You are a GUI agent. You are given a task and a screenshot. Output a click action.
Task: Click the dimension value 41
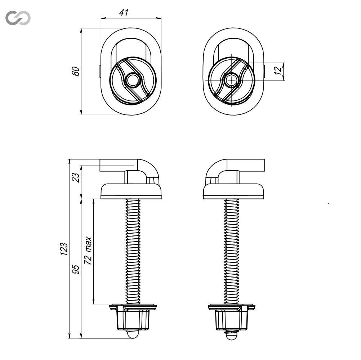point(124,13)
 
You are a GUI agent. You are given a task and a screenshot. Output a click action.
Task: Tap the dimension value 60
point(76,71)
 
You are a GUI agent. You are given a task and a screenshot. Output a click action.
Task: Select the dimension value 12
point(278,71)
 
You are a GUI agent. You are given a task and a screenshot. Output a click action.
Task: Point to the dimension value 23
point(76,177)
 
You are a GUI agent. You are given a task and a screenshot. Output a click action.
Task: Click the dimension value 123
point(64,249)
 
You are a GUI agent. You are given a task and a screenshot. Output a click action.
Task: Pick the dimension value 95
point(76,269)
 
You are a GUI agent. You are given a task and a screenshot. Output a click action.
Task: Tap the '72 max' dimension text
point(88,251)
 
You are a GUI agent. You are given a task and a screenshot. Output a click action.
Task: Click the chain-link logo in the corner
point(18,18)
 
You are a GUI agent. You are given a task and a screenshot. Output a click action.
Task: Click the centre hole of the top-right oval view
point(231,80)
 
